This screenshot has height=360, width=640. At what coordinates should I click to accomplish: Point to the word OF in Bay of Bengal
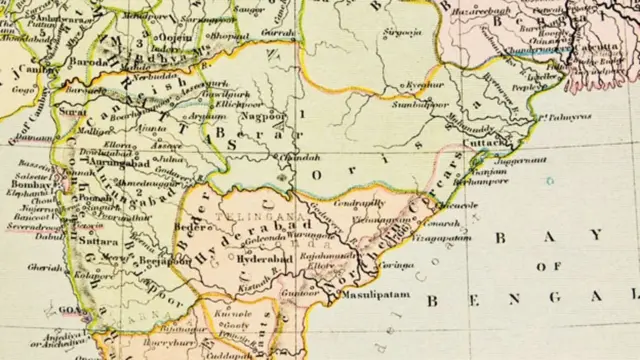549,267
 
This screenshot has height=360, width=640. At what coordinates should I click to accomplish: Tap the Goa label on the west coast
69,311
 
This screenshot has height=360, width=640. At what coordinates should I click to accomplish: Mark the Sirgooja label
402,33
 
